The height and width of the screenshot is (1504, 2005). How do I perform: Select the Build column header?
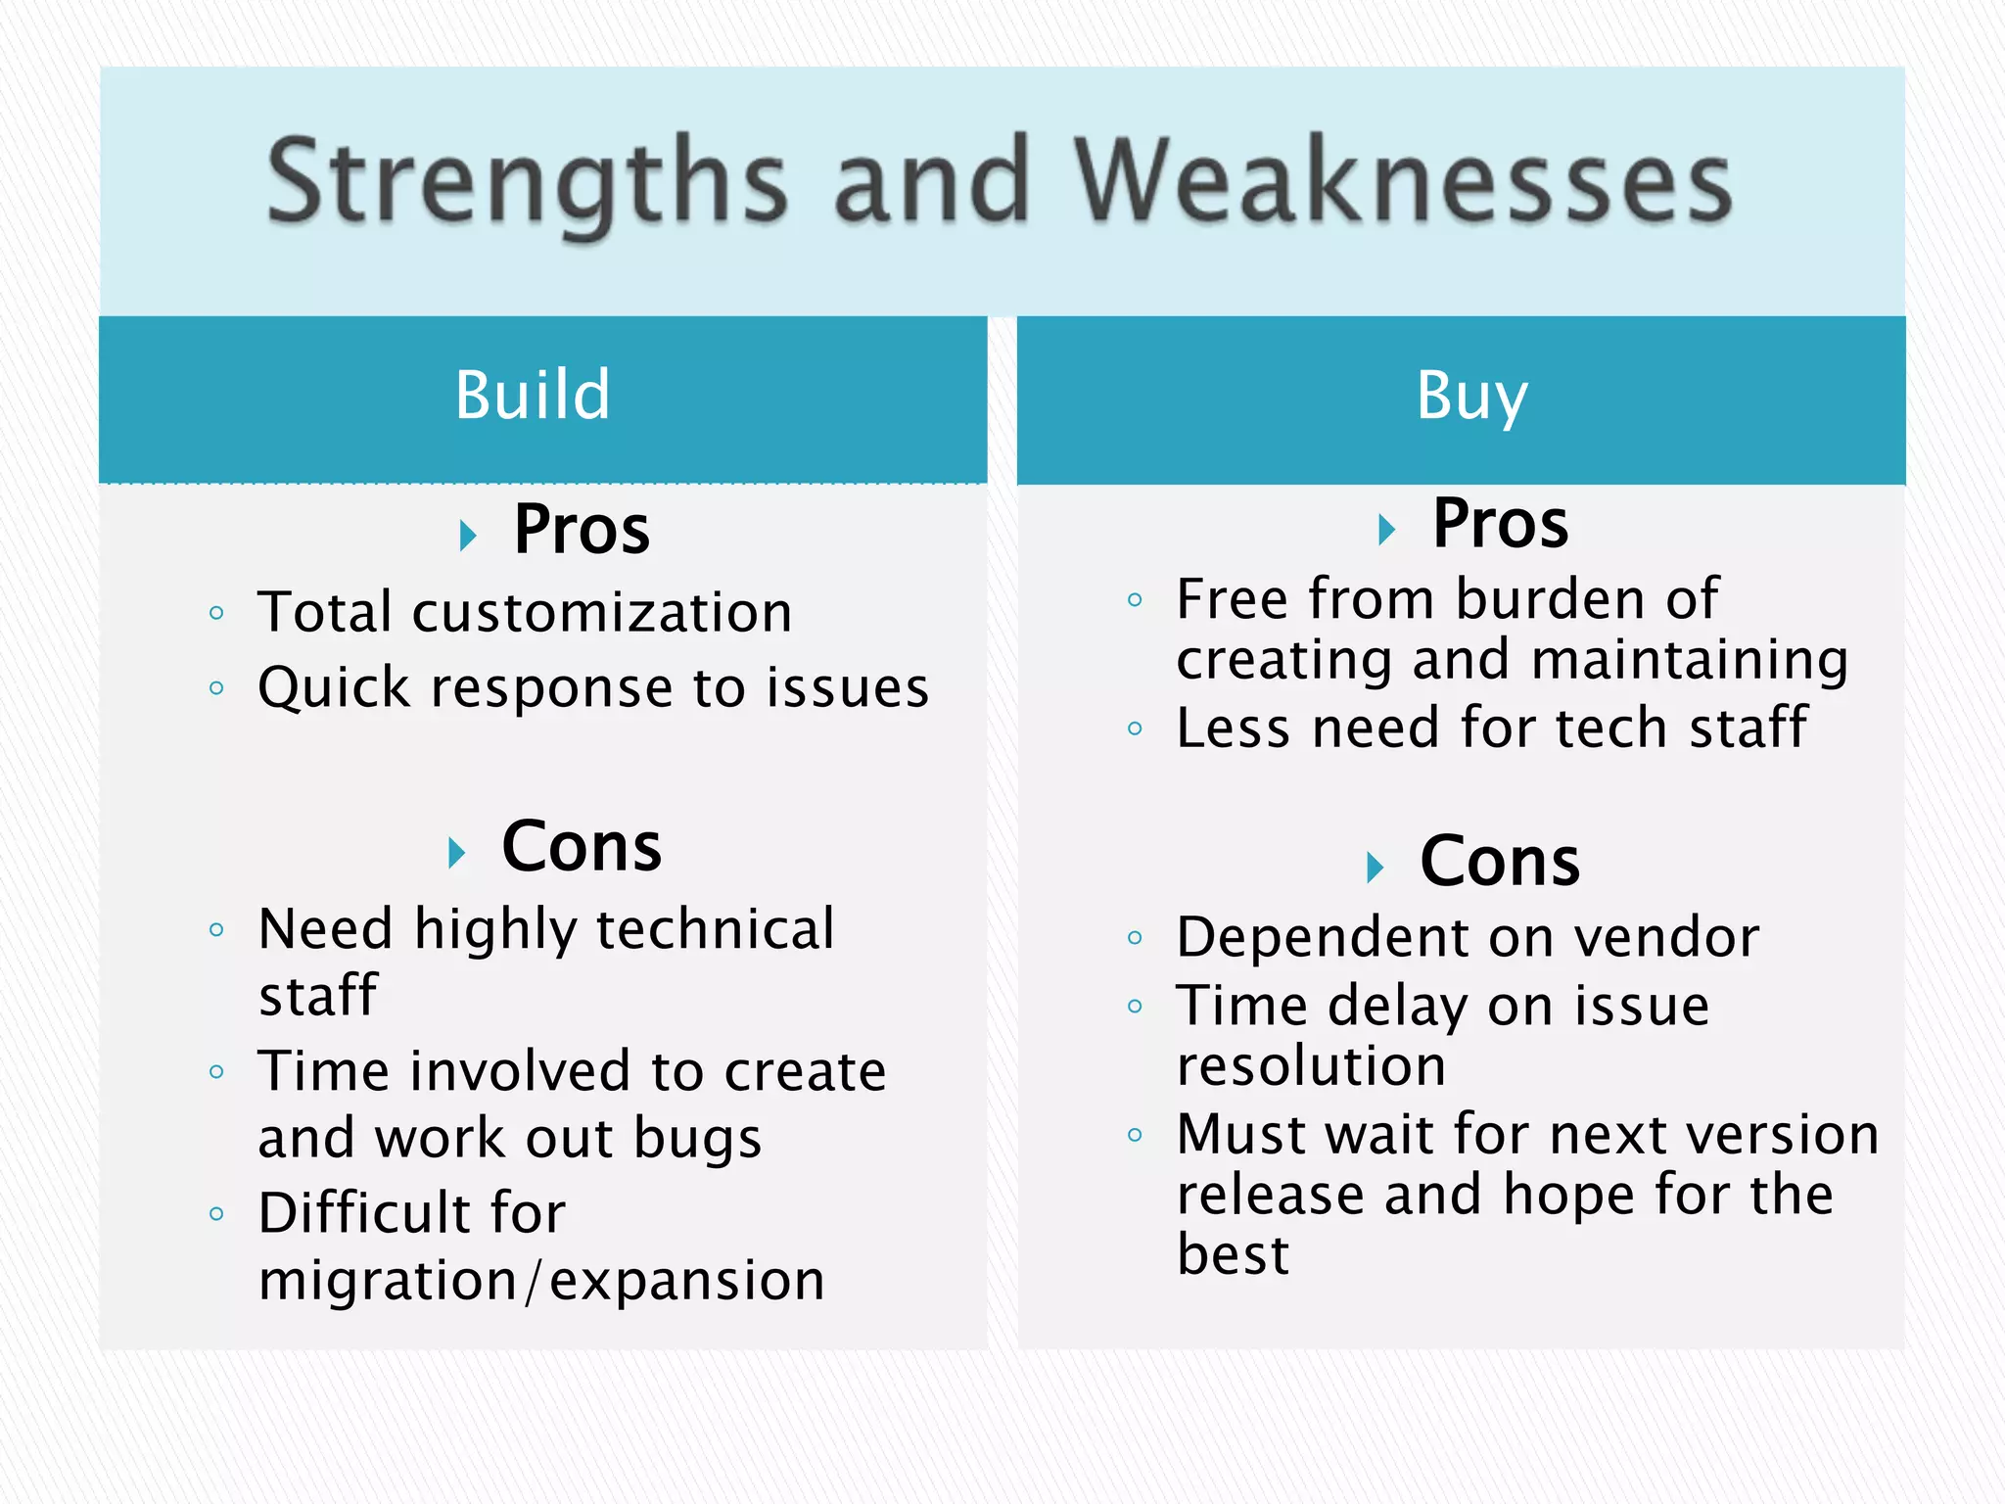point(533,396)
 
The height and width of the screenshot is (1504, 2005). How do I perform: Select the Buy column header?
point(1471,396)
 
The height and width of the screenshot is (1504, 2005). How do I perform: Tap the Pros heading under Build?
point(582,530)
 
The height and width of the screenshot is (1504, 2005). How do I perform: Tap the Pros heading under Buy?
point(1500,524)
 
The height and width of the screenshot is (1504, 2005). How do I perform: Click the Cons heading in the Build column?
point(582,847)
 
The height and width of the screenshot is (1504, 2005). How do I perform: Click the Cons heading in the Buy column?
point(1500,863)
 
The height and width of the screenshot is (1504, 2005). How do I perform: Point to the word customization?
point(602,614)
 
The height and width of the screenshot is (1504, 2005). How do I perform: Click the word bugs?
point(697,1139)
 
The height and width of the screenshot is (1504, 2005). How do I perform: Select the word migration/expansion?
point(541,1281)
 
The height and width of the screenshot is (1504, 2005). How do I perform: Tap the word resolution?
point(1311,1066)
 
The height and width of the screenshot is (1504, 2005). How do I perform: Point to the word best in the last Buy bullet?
point(1234,1255)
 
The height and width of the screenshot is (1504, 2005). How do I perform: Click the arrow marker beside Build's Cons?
point(456,853)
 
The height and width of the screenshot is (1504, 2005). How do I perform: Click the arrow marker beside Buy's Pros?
point(1385,530)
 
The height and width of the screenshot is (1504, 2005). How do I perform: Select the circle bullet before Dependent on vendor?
point(1135,938)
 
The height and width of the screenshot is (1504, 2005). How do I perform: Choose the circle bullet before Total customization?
point(216,614)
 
